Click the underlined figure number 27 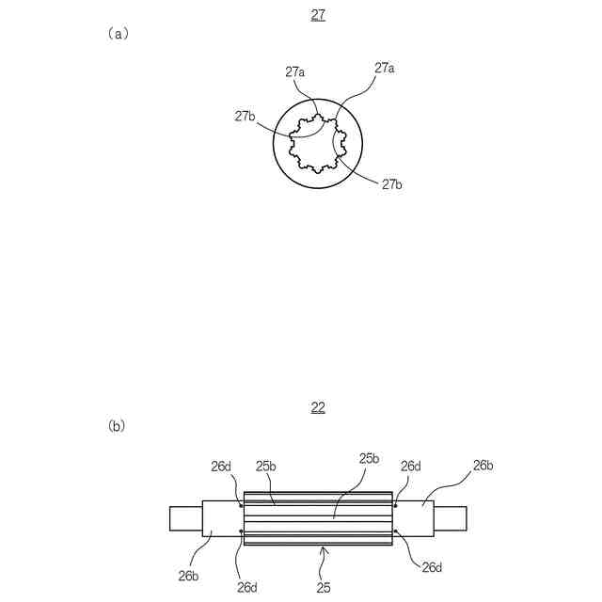click(x=318, y=15)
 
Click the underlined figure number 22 click(x=318, y=407)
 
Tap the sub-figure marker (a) click(x=118, y=33)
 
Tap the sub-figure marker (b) click(x=118, y=425)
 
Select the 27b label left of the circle click(x=246, y=116)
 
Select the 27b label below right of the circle click(x=392, y=184)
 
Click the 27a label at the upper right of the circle click(x=384, y=68)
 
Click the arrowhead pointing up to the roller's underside click(x=324, y=548)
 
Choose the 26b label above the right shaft click(x=483, y=465)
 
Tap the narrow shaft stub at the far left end click(x=185, y=517)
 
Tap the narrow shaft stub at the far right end click(x=451, y=517)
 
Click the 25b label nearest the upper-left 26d click(x=265, y=466)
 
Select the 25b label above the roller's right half click(x=369, y=458)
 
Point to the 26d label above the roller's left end click(x=221, y=466)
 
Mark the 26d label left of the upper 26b click(x=411, y=466)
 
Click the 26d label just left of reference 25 click(x=247, y=588)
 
